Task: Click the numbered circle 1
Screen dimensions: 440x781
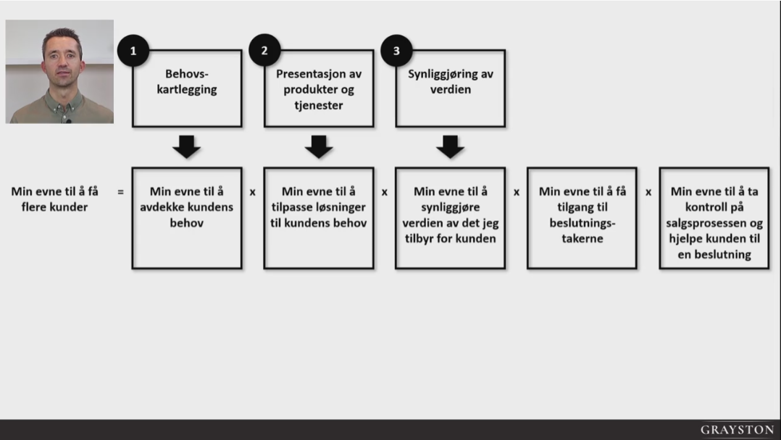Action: [133, 51]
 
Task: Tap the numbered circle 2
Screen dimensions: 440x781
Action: [264, 51]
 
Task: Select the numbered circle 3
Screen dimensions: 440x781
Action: [396, 51]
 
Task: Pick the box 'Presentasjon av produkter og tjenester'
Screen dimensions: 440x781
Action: [319, 88]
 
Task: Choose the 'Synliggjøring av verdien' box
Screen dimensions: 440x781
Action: [451, 88]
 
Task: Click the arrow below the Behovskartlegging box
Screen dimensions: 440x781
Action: [187, 146]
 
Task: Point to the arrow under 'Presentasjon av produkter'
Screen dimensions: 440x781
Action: [319, 146]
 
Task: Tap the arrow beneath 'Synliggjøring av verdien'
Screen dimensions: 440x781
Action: [450, 146]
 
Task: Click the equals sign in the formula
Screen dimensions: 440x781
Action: [120, 193]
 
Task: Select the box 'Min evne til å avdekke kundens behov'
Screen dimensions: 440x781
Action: [187, 218]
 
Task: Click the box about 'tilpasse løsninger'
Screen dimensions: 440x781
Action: [319, 218]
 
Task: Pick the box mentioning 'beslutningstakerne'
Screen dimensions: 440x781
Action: [582, 218]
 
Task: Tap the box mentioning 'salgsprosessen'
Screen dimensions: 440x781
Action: [714, 218]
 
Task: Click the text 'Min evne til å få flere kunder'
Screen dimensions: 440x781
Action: [54, 199]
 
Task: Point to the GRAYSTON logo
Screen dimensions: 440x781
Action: [736, 430]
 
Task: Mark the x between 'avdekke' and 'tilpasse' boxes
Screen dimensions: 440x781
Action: [253, 193]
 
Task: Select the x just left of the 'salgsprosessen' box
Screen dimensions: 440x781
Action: [648, 193]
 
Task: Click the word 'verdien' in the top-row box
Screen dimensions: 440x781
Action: [451, 90]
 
